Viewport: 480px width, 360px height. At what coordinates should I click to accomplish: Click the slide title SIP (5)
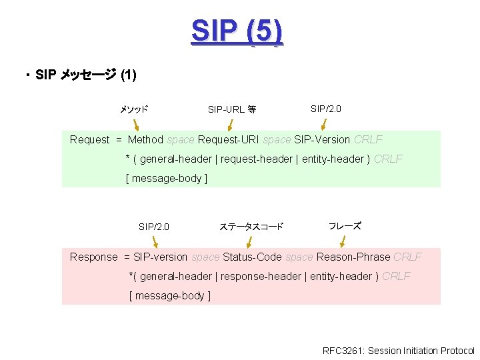click(237, 31)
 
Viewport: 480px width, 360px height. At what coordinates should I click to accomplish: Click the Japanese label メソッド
click(133, 109)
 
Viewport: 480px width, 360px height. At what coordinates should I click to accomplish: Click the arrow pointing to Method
click(136, 124)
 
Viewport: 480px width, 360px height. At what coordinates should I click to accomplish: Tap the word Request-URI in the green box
click(231, 139)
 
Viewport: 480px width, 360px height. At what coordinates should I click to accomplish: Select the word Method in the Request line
click(145, 139)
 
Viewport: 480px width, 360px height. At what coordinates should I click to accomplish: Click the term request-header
click(256, 159)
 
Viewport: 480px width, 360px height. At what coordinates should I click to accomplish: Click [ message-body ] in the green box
click(167, 178)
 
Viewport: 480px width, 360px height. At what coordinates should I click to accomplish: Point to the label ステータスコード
click(251, 227)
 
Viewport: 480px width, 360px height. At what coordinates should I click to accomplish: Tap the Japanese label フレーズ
click(345, 226)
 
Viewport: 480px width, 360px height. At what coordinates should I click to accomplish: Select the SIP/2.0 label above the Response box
click(153, 227)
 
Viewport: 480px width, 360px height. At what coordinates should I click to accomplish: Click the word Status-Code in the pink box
click(253, 257)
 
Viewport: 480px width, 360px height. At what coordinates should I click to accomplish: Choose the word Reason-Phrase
click(353, 257)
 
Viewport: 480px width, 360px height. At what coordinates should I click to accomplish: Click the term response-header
click(260, 276)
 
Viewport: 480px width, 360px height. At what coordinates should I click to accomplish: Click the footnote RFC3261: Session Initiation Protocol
click(398, 351)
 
